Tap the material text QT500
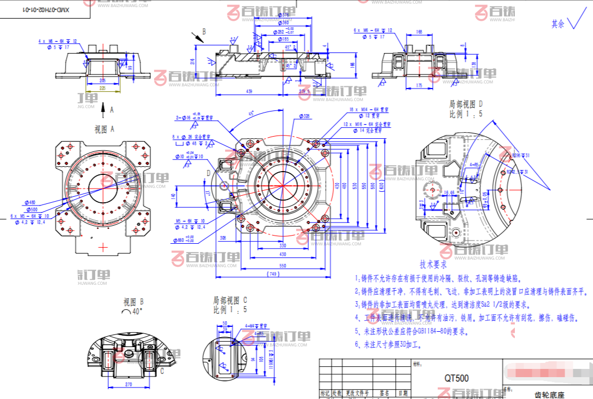[x=456, y=378]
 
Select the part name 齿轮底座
[x=549, y=395]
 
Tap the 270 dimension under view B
[x=129, y=385]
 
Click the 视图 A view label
[x=104, y=130]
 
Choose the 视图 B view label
[x=133, y=301]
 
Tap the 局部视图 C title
[x=230, y=300]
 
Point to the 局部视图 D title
[x=466, y=104]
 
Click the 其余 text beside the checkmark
[x=557, y=24]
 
